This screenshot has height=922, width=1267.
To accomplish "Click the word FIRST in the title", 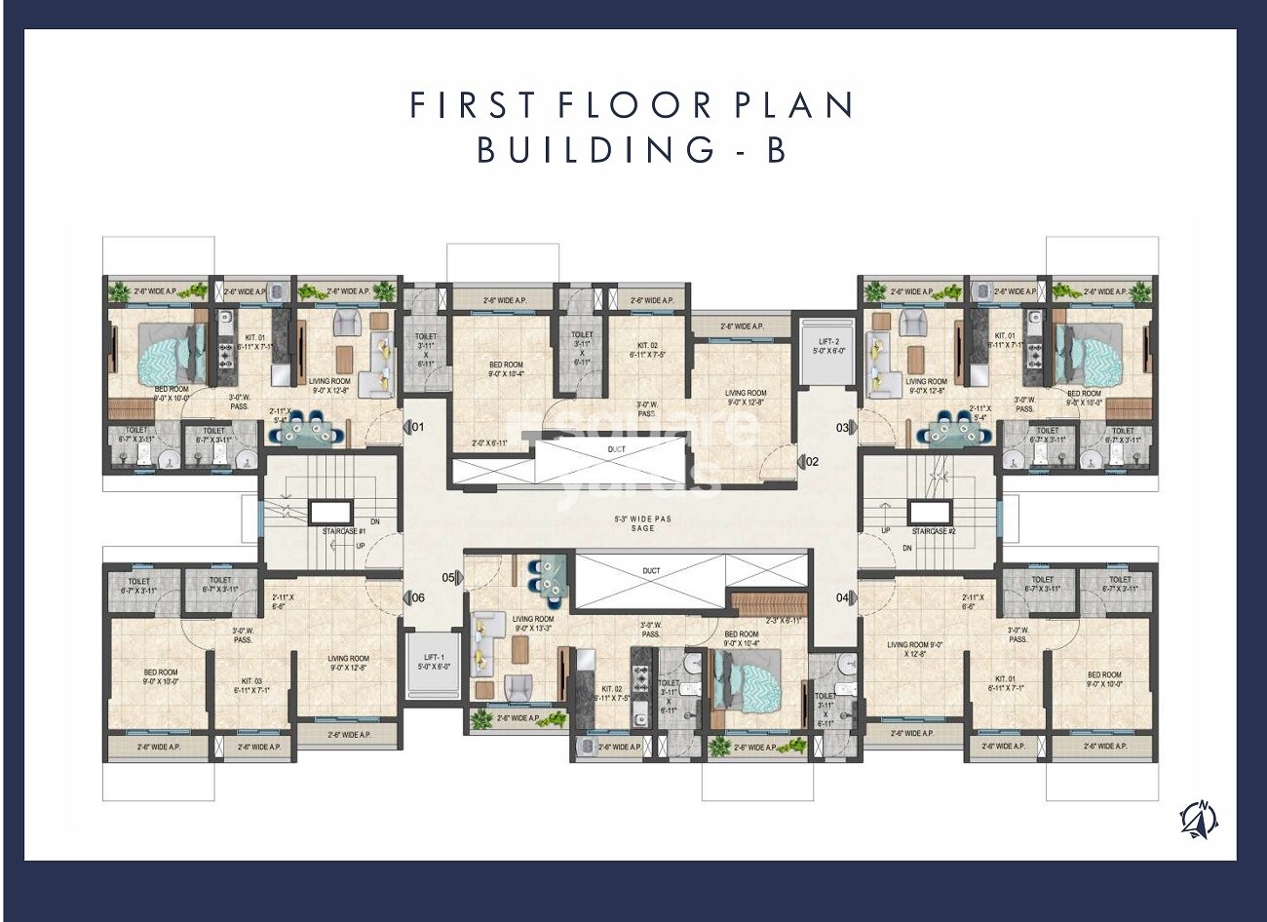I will click(474, 105).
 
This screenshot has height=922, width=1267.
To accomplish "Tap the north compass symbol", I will click(1198, 817).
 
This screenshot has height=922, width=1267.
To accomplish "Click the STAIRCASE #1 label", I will click(343, 531).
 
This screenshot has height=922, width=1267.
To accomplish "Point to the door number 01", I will click(417, 427).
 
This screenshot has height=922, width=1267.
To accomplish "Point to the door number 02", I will click(811, 462).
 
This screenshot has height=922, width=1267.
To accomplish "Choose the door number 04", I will click(843, 596).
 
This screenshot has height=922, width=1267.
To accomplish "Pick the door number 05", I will click(448, 577).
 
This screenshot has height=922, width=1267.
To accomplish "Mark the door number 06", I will click(417, 597).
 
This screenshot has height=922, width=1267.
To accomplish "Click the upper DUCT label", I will click(616, 449).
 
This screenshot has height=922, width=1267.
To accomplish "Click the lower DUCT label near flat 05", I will click(651, 570).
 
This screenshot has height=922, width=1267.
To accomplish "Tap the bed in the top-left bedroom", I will click(161, 354).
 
